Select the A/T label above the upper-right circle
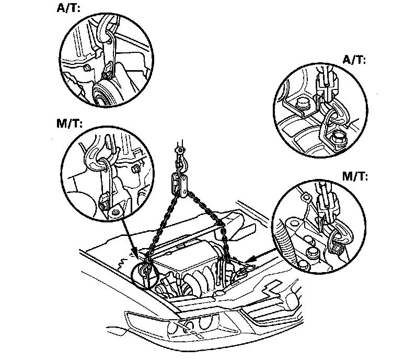tap(354, 60)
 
